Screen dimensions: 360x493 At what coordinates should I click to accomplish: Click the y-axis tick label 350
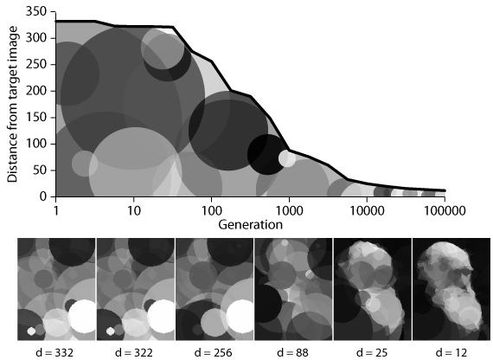click(35, 11)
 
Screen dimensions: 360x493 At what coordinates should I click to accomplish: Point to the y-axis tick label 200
click(35, 90)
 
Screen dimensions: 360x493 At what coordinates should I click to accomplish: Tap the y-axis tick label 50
click(38, 170)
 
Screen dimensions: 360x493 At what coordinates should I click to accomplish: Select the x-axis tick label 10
click(133, 210)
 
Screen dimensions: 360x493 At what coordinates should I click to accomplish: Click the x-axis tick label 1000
click(288, 210)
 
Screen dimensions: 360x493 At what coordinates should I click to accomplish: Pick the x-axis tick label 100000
click(444, 210)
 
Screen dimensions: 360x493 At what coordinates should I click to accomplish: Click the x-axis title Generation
click(250, 224)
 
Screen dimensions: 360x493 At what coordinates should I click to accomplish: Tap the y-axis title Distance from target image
click(12, 104)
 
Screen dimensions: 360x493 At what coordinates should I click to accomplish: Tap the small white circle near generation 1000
click(287, 158)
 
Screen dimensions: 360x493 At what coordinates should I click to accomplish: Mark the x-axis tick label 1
click(55, 210)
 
